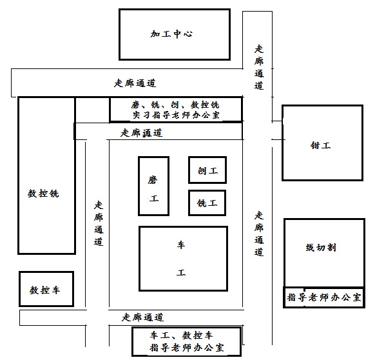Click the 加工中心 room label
(171, 34)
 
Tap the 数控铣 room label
(43, 194)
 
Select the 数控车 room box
(46, 289)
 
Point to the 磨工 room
(154, 186)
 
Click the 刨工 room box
(207, 170)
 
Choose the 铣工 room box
(207, 203)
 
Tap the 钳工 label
(320, 145)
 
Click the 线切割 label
(321, 248)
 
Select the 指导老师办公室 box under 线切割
(324, 297)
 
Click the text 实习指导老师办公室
(177, 115)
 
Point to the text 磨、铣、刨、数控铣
(175, 105)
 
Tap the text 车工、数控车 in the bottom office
(182, 335)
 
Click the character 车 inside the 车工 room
(181, 245)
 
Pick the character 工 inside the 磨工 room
(154, 199)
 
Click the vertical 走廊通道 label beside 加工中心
(259, 67)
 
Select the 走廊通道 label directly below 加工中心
(135, 83)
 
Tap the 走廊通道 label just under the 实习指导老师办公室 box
(142, 133)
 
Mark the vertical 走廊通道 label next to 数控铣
(99, 223)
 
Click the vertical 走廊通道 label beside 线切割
(259, 234)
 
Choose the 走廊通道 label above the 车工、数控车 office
(143, 317)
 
